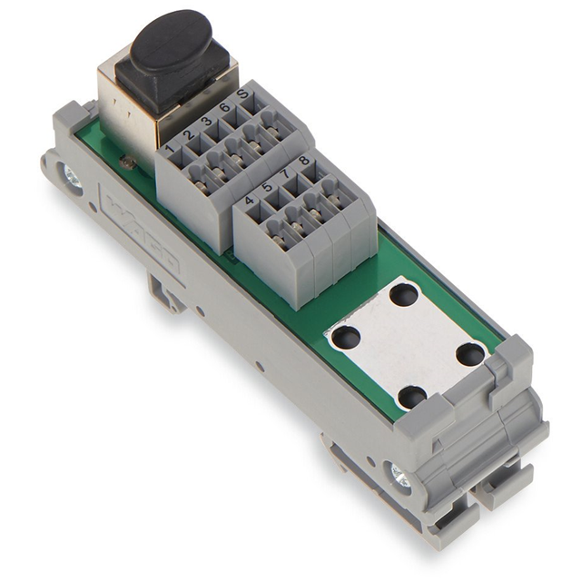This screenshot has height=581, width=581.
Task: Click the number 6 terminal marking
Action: coord(224,107)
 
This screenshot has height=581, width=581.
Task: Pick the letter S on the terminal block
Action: coord(242,94)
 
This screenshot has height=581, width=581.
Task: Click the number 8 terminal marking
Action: coord(304,162)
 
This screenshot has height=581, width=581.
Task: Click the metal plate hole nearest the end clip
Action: coord(469,354)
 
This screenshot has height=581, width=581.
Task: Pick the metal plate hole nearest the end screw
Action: coord(411,397)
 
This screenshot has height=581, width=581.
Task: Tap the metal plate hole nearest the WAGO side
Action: coord(344,337)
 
